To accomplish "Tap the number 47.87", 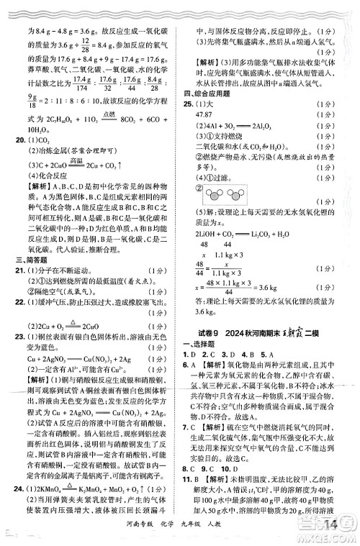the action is pos(206,114).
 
